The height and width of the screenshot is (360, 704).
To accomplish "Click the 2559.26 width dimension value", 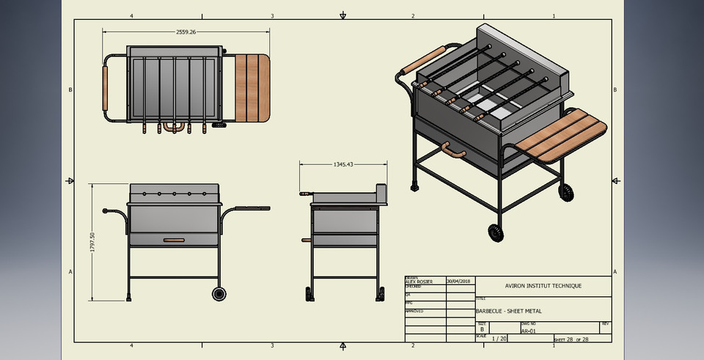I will coord(186,32).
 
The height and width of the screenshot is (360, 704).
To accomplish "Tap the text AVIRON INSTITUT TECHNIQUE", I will coord(543,286).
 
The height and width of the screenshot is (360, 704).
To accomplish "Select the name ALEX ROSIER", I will coord(419,282).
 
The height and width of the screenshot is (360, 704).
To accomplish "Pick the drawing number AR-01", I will coord(527,331).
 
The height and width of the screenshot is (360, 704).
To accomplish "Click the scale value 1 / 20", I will coord(499,339).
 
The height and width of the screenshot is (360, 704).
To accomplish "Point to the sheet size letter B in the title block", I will coord(482,330).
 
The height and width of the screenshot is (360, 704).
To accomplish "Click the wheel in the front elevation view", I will coord(219,294).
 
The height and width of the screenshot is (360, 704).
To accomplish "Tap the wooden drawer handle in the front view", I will coord(174,240).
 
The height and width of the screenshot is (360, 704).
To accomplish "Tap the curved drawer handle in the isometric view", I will coord(453,152).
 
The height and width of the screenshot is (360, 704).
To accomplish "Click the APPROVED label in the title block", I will coord(414,311).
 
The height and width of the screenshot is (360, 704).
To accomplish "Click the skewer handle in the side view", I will coord(304,194).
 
